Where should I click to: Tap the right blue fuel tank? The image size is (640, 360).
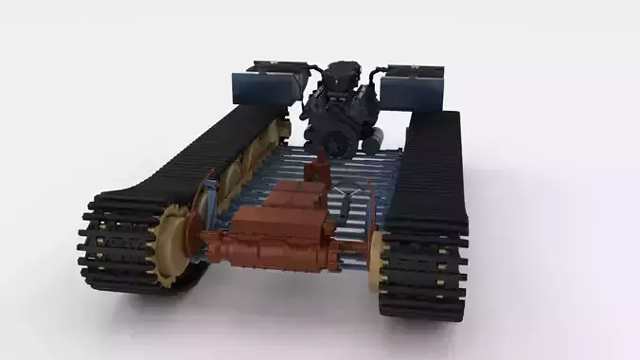(413, 88)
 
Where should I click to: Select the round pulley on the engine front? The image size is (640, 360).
(336, 142)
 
